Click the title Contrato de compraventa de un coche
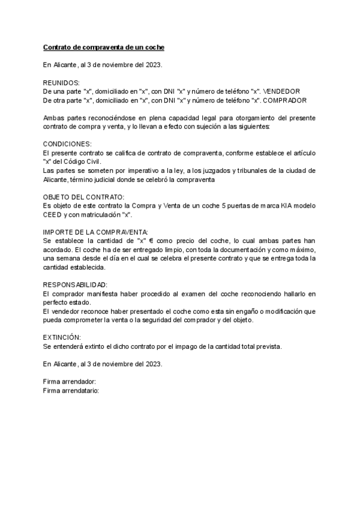pos(104,47)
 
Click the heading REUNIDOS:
pos(61,82)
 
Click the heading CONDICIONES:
pos(67,145)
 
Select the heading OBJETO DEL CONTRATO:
pos(84,197)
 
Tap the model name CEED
pos(53,214)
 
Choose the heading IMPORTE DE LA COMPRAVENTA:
pos(87,232)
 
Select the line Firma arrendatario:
pos(71,390)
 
